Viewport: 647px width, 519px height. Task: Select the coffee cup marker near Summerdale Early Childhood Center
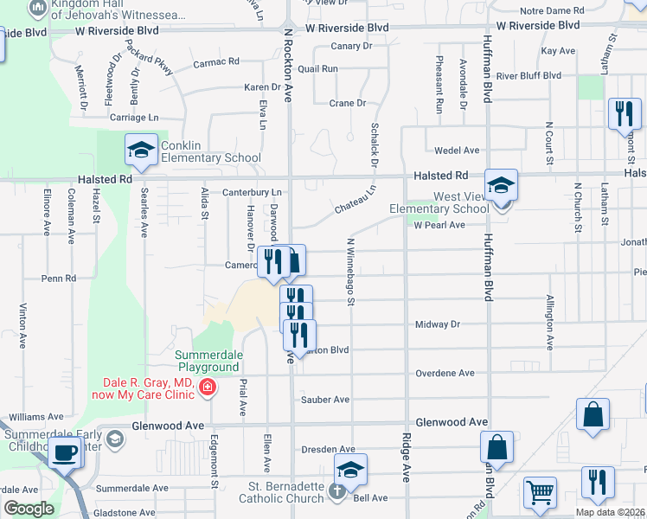pyautogui.click(x=65, y=451)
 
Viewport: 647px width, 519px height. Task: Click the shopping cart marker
pyautogui.click(x=541, y=492)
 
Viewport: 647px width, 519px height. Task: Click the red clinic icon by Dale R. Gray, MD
pyautogui.click(x=208, y=387)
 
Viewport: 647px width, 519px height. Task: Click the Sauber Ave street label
pyautogui.click(x=324, y=400)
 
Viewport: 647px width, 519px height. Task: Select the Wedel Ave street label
pyautogui.click(x=456, y=151)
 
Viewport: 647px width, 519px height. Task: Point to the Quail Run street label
pyautogui.click(x=317, y=68)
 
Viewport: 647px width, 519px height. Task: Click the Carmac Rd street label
pyautogui.click(x=215, y=62)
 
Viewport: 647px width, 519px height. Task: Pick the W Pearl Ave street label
pyautogui.click(x=439, y=225)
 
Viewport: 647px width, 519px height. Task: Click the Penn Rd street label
pyautogui.click(x=59, y=279)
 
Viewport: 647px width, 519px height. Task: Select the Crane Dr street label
pyautogui.click(x=348, y=103)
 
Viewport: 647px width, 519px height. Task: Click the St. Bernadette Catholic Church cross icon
pyautogui.click(x=336, y=490)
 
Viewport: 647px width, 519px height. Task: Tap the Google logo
pyautogui.click(x=29, y=509)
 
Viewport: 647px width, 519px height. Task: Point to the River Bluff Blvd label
pyautogui.click(x=528, y=76)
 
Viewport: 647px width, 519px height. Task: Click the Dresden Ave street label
pyautogui.click(x=328, y=450)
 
